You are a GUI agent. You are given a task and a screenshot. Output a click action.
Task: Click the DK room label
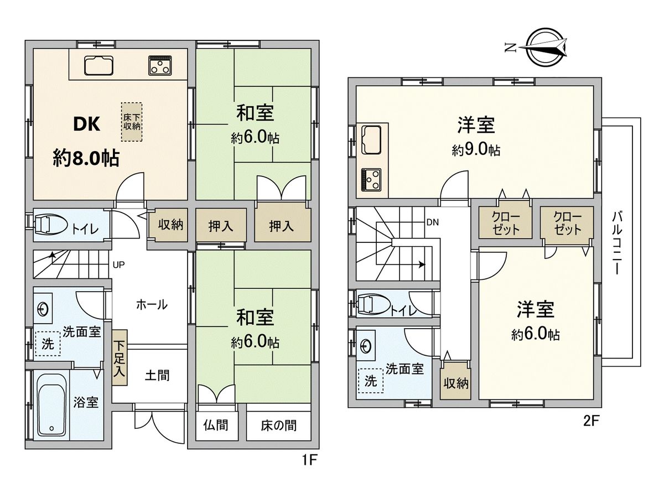click(87, 124)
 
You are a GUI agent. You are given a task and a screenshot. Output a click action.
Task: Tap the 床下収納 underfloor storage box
click(132, 122)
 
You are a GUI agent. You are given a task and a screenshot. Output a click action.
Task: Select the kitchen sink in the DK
click(99, 65)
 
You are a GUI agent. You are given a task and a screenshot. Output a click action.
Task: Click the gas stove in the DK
click(160, 65)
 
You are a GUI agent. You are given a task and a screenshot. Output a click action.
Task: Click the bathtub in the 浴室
click(51, 408)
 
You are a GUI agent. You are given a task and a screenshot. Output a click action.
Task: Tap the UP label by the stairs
click(118, 265)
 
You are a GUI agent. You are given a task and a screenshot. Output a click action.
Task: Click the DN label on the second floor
click(432, 222)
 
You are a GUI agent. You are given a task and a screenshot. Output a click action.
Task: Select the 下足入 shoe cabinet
click(120, 357)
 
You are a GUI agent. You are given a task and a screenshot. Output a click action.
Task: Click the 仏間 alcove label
click(216, 426)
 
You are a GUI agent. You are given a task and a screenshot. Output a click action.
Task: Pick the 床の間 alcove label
click(279, 426)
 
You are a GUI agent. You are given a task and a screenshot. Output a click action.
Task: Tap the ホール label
click(152, 304)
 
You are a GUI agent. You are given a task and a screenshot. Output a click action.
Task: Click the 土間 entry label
click(157, 376)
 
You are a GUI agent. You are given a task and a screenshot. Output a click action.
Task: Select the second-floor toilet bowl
click(375, 304)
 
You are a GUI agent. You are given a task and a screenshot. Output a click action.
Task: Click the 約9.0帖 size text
click(476, 149)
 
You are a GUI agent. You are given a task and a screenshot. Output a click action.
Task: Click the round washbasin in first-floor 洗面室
click(43, 309)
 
